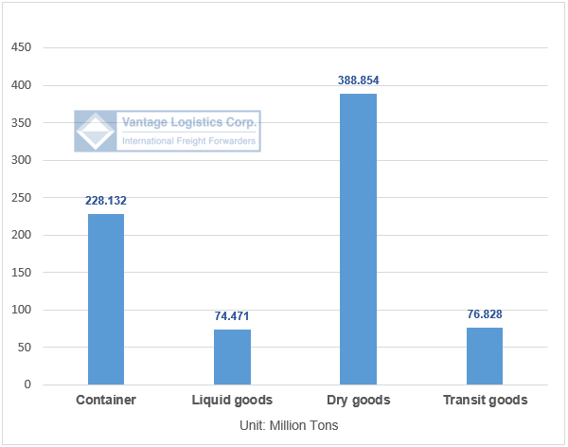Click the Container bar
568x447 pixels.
tap(106, 299)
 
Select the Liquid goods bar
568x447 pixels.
tap(232, 357)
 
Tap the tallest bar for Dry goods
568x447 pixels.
tap(359, 239)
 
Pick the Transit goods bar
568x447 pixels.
tap(485, 356)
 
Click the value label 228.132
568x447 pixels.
tap(106, 201)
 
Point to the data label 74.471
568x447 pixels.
tap(232, 316)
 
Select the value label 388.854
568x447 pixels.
tap(359, 80)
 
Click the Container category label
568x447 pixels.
tap(106, 401)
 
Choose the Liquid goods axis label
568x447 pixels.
tap(232, 401)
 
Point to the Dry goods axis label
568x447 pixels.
tap(359, 401)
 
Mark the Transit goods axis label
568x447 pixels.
tap(485, 401)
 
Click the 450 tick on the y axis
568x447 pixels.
tap(21, 48)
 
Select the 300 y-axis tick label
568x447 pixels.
tap(21, 160)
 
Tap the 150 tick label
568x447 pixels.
tap(21, 273)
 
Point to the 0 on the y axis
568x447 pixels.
tap(27, 385)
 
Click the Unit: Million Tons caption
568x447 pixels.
tap(290, 425)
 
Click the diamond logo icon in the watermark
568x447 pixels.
tap(96, 132)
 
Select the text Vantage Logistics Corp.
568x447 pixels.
tap(189, 122)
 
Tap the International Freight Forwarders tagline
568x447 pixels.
tap(189, 141)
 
